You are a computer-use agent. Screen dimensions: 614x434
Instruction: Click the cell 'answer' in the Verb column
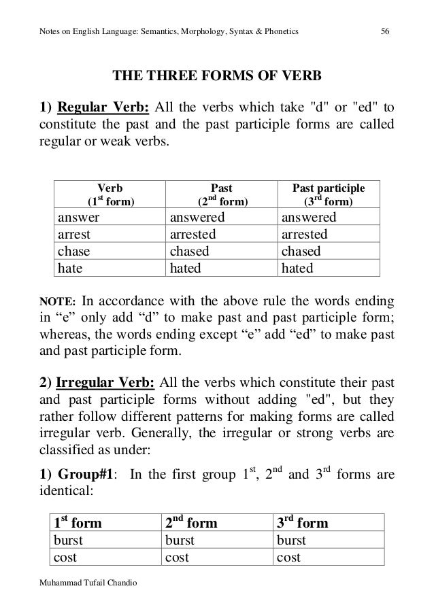(x=78, y=218)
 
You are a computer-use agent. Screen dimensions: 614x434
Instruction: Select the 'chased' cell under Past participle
(x=300, y=252)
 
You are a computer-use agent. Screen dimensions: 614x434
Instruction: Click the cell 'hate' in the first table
(x=70, y=269)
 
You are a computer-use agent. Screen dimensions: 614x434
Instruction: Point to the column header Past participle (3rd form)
(x=328, y=194)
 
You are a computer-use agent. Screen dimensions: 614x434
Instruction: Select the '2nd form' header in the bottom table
(x=191, y=523)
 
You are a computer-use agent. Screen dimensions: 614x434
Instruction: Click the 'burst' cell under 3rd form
(x=291, y=541)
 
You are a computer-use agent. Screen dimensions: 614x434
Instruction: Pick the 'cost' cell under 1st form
(x=65, y=558)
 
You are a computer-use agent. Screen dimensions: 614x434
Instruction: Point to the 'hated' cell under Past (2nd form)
(x=185, y=269)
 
